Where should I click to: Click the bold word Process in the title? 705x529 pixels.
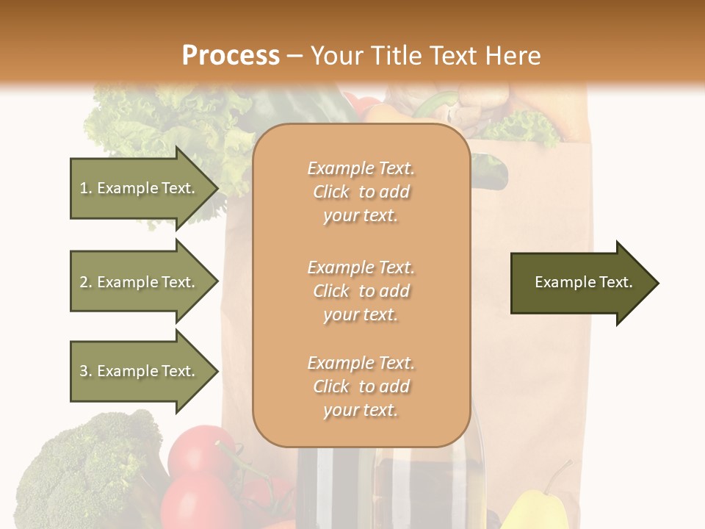[231, 55]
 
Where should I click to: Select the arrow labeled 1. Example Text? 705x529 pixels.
[140, 188]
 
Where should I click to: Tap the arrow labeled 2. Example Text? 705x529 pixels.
[140, 282]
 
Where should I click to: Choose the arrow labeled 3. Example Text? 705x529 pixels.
[140, 371]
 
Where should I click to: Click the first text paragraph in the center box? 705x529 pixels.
[361, 192]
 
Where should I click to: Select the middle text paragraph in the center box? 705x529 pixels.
[361, 291]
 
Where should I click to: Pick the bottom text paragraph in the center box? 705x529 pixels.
[361, 386]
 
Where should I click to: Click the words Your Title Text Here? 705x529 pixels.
[425, 55]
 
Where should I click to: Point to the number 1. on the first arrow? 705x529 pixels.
[85, 188]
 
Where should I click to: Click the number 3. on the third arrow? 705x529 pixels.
[85, 371]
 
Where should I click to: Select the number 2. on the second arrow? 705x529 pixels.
[85, 282]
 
